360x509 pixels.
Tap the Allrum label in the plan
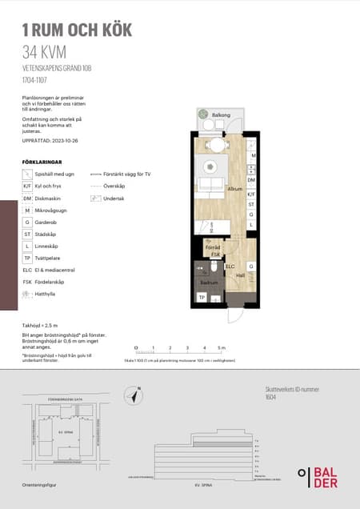pyautogui.click(x=234, y=189)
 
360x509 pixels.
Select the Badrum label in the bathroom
pyautogui.click(x=209, y=283)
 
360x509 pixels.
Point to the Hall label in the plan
pyautogui.click(x=240, y=275)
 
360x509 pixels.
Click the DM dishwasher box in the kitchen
pyautogui.click(x=251, y=181)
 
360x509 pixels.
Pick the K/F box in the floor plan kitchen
pyautogui.click(x=251, y=194)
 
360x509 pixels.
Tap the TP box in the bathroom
pyautogui.click(x=202, y=298)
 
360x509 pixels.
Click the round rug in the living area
pyautogui.click(x=211, y=166)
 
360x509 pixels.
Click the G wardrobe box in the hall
pyautogui.click(x=251, y=266)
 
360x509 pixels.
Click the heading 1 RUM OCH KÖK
pyautogui.click(x=77, y=30)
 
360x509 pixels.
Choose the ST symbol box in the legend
pyautogui.click(x=27, y=234)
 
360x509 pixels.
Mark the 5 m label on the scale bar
pyautogui.click(x=222, y=348)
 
